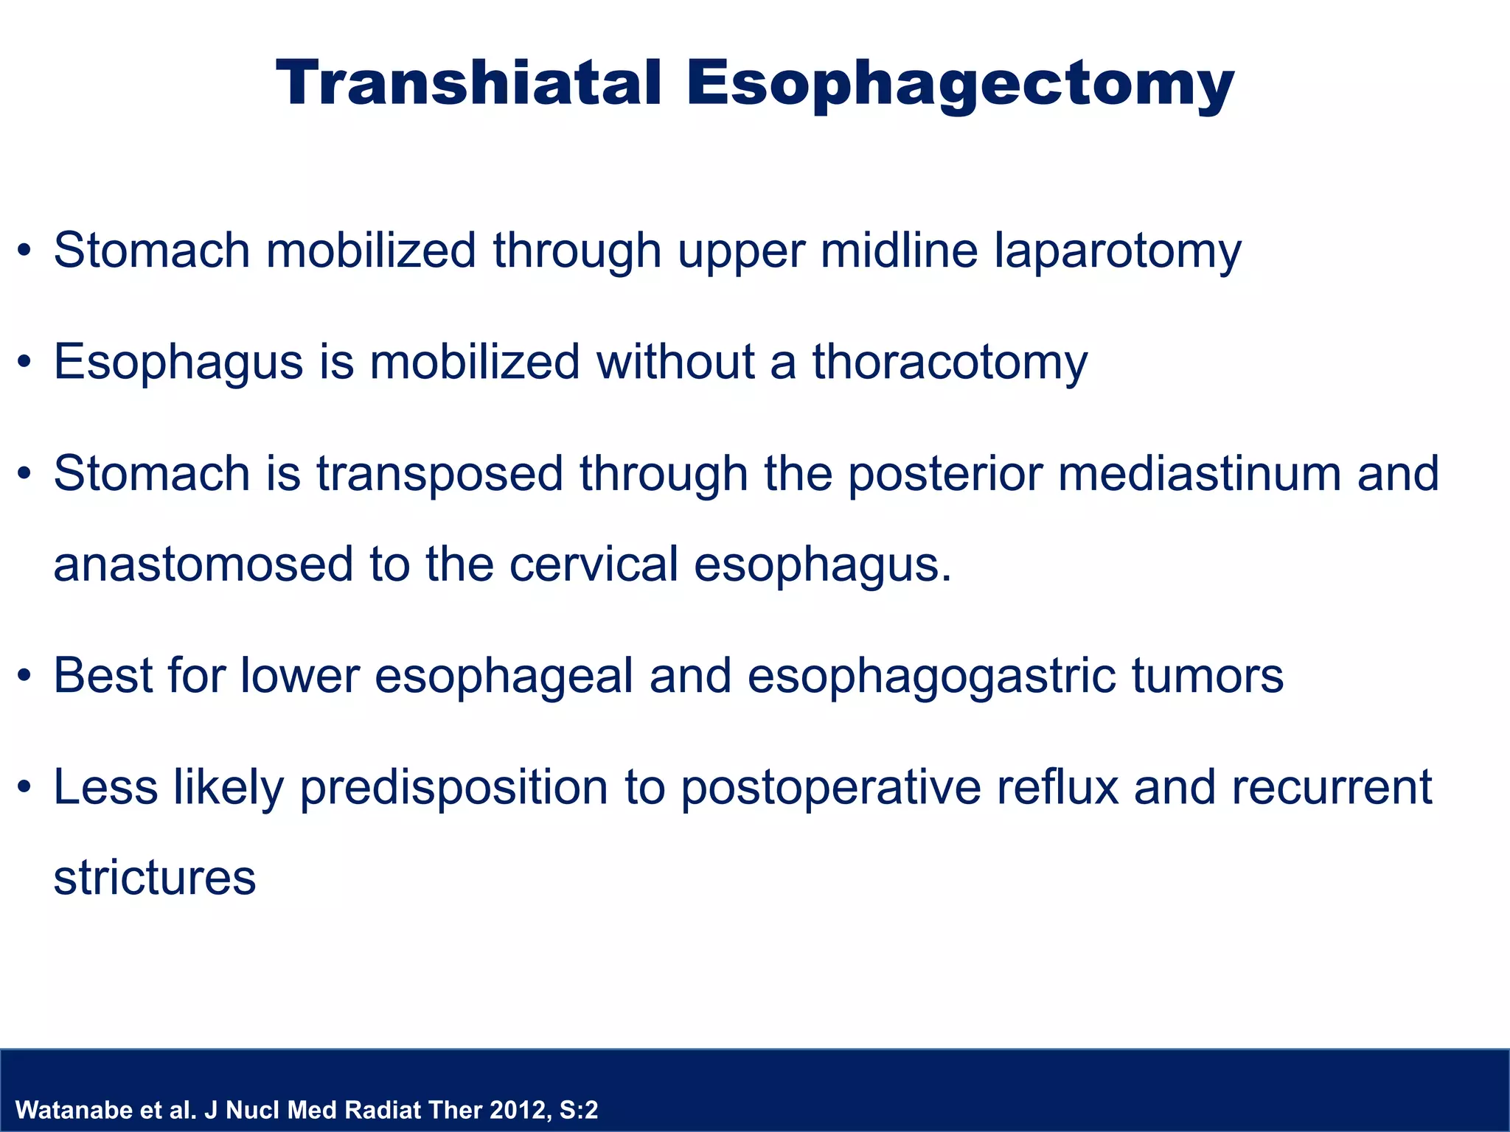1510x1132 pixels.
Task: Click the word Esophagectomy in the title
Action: pyautogui.click(x=960, y=86)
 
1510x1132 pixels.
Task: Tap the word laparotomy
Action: pyautogui.click(x=1118, y=251)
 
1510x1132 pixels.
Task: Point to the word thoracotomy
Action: pyautogui.click(x=950, y=363)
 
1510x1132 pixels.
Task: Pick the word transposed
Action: pyautogui.click(x=440, y=475)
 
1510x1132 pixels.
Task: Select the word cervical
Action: pyautogui.click(x=593, y=565)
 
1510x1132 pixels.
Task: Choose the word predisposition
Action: pyautogui.click(x=454, y=788)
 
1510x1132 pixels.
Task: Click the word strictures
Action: pyautogui.click(x=155, y=878)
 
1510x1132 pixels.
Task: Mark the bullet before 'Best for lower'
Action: pyautogui.click(x=25, y=677)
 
